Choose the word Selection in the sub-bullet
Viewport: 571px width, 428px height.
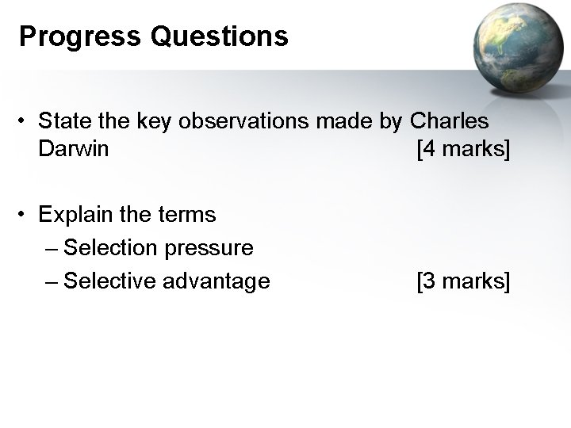pos(112,248)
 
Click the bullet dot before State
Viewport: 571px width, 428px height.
pos(25,122)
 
